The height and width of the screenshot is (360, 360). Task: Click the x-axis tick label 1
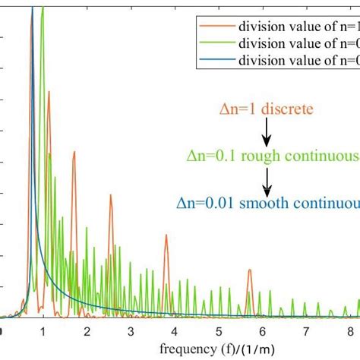click(x=43, y=332)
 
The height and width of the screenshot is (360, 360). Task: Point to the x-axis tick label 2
click(x=87, y=332)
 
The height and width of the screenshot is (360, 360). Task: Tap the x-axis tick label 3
click(x=131, y=332)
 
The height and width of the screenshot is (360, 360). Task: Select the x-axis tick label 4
click(x=175, y=332)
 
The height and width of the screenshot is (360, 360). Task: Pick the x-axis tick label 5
click(x=219, y=332)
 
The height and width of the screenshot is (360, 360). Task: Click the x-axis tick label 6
click(x=263, y=332)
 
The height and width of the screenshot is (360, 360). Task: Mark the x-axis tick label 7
click(x=307, y=332)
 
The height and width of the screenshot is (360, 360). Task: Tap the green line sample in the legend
click(x=216, y=41)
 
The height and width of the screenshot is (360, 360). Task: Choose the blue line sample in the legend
click(x=216, y=57)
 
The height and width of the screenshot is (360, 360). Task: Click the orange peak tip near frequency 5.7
click(x=249, y=270)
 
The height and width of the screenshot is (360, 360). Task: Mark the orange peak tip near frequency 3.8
click(x=166, y=235)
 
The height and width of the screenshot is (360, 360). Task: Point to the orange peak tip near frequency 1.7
click(x=74, y=152)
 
